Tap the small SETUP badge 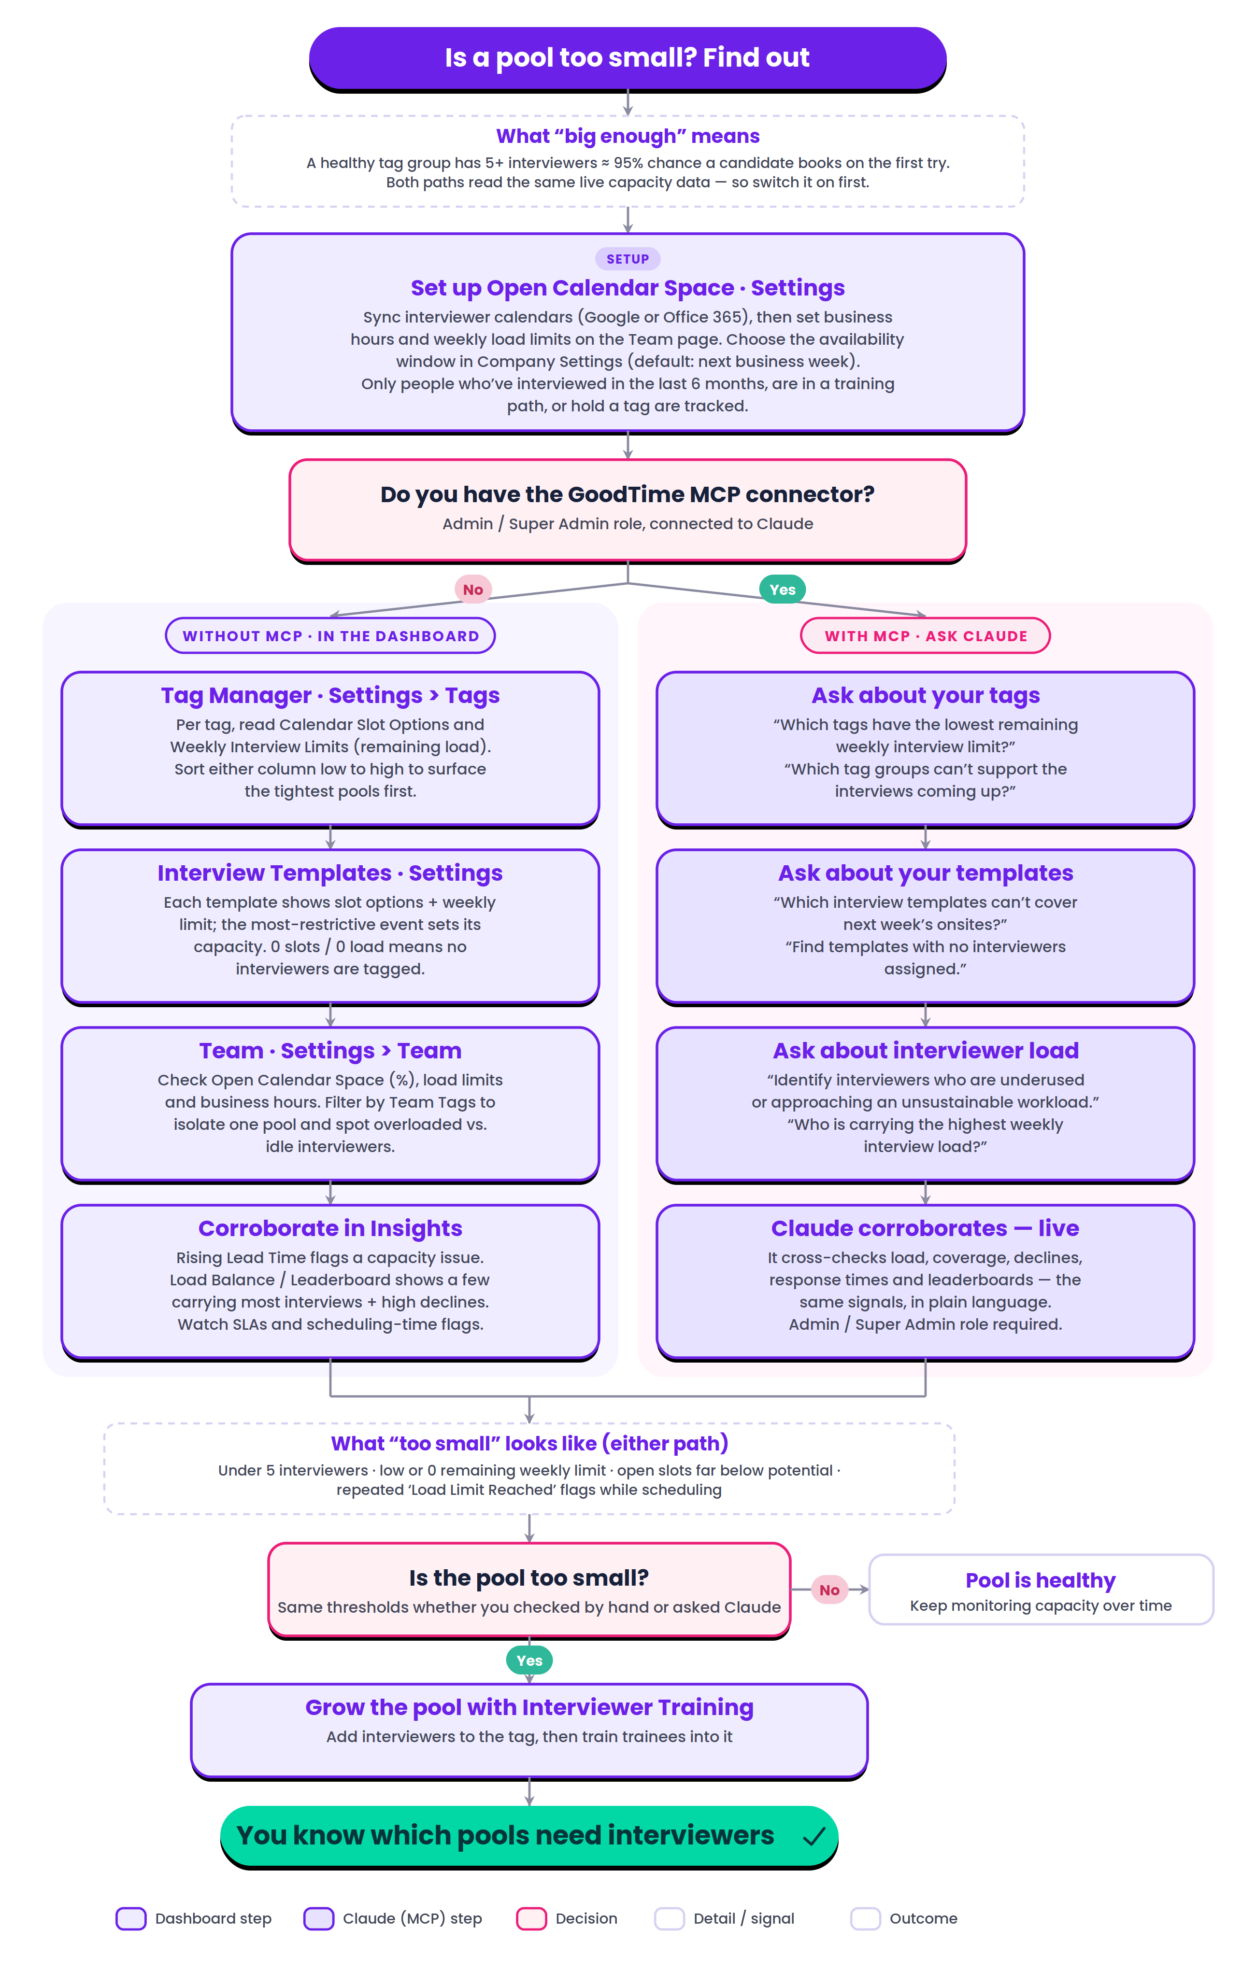pyautogui.click(x=628, y=258)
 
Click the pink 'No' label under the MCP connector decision pyautogui.click(x=473, y=589)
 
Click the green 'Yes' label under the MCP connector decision pyautogui.click(x=782, y=589)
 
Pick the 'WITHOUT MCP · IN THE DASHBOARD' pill pyautogui.click(x=330, y=636)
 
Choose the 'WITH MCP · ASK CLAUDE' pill pyautogui.click(x=926, y=636)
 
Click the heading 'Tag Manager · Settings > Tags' pyautogui.click(x=330, y=695)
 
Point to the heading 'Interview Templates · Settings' pyautogui.click(x=330, y=873)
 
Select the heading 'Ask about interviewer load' pyautogui.click(x=926, y=1051)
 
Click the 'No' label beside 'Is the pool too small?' pyautogui.click(x=829, y=1590)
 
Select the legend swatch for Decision pyautogui.click(x=531, y=1918)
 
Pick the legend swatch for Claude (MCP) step pyautogui.click(x=318, y=1918)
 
